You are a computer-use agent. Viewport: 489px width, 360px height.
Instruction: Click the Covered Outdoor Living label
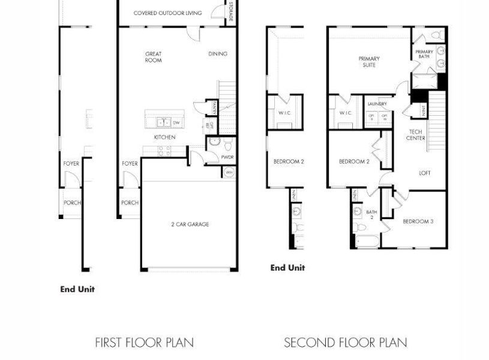[167, 13]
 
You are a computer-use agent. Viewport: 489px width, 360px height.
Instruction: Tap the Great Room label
[153, 57]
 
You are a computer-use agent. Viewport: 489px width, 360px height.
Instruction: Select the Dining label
[218, 54]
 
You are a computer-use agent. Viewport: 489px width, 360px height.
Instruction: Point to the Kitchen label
[164, 137]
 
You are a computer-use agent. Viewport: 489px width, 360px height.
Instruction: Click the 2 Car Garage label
[190, 224]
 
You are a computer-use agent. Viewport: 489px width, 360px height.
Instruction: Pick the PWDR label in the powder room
[227, 157]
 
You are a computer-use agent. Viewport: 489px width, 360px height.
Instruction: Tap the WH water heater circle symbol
[229, 172]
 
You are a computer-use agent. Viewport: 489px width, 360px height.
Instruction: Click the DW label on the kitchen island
[176, 122]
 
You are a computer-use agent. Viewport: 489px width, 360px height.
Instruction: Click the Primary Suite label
[369, 62]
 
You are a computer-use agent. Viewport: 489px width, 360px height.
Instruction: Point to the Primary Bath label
[424, 55]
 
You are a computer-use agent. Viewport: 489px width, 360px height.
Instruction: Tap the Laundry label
[377, 104]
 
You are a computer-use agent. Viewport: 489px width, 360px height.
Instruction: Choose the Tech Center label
[416, 135]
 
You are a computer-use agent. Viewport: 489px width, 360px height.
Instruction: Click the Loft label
[424, 173]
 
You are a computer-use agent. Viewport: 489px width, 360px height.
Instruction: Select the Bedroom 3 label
[418, 221]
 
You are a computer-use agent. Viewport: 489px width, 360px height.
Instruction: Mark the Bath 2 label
[371, 214]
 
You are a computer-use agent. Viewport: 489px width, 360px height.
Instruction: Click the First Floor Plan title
[144, 343]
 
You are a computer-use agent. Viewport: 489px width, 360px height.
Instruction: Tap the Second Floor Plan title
[345, 343]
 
